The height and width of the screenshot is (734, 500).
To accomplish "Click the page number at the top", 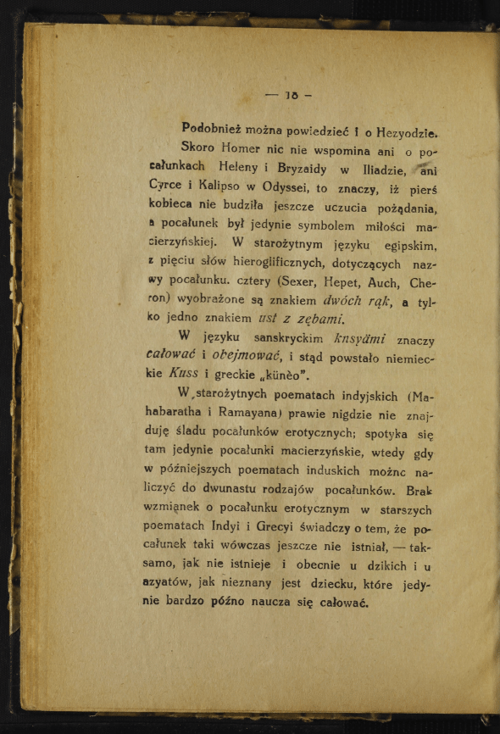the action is click(289, 95).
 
